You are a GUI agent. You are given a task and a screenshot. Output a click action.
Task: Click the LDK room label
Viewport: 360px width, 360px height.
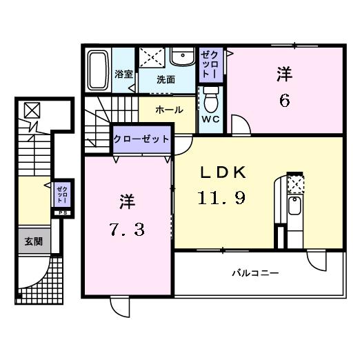[223, 172]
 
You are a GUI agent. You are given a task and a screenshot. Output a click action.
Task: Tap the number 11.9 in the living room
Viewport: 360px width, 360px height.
[223, 198]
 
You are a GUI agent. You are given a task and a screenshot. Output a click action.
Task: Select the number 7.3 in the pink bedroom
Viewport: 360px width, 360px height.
[126, 229]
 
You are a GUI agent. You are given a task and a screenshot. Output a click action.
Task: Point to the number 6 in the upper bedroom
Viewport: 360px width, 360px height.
[283, 101]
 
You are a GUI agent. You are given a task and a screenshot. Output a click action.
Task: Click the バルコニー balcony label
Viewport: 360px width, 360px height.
[254, 273]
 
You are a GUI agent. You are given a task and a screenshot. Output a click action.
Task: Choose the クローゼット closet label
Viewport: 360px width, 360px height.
[141, 139]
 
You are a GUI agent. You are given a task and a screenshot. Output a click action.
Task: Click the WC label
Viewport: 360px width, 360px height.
[210, 119]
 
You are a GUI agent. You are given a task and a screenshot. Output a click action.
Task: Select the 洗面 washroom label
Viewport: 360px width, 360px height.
[166, 79]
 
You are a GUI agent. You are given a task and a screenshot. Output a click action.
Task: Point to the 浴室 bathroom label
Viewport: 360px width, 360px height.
[123, 73]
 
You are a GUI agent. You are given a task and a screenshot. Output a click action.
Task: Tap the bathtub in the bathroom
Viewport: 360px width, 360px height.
[97, 69]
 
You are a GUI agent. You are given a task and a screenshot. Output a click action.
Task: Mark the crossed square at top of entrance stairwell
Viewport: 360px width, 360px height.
[32, 110]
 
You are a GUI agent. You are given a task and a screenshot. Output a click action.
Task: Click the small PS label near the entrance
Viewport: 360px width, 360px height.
[62, 212]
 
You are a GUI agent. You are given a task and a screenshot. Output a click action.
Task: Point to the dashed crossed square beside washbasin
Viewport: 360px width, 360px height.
[152, 57]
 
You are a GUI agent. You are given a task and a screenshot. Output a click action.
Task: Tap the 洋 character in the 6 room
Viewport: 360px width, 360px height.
[283, 73]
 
